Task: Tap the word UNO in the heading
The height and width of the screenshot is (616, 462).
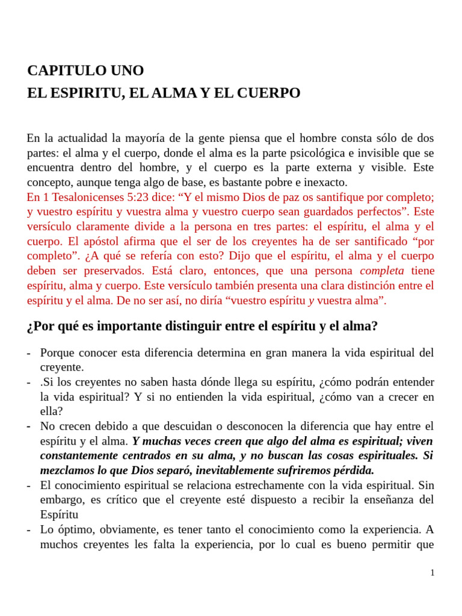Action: (x=127, y=70)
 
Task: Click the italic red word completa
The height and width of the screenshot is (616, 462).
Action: (x=381, y=271)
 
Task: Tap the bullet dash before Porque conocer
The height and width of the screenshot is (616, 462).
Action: (x=29, y=353)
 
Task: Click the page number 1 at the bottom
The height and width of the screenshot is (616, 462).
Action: (x=432, y=573)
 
